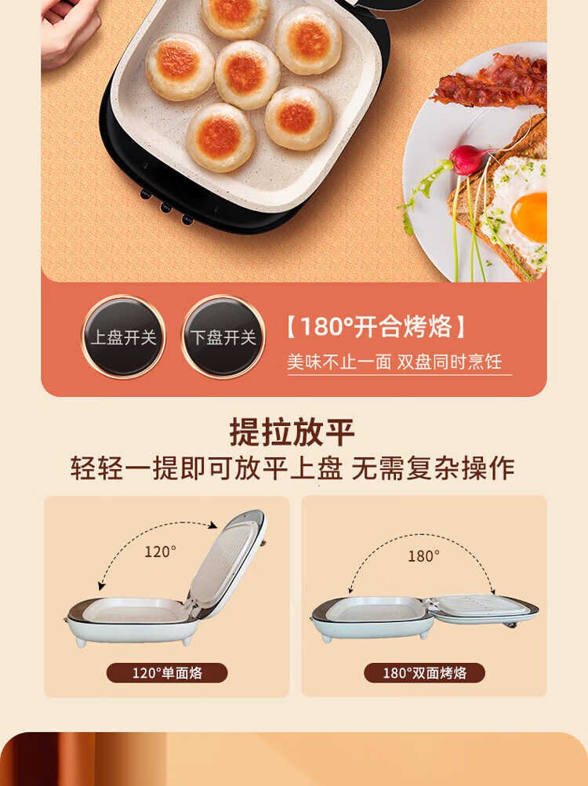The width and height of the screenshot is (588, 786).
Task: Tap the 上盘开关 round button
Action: click(124, 337)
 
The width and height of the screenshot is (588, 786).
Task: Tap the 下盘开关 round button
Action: click(223, 337)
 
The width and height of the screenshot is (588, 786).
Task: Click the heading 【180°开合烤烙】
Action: click(376, 326)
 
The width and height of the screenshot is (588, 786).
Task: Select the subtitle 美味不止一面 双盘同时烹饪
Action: click(394, 362)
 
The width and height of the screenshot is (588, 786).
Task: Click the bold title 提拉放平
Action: click(292, 432)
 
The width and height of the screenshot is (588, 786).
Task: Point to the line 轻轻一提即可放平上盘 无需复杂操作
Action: click(292, 468)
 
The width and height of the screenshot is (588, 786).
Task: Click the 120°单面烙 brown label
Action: click(167, 673)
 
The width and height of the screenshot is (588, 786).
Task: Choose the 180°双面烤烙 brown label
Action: click(424, 673)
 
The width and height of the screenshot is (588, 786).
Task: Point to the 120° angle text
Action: click(160, 552)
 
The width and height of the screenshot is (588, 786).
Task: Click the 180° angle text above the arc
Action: click(423, 556)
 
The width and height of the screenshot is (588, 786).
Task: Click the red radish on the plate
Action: click(466, 160)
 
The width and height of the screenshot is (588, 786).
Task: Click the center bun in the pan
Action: click(248, 75)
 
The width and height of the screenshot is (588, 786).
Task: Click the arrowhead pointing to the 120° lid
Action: click(213, 525)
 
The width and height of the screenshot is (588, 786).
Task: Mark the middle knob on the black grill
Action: click(165, 206)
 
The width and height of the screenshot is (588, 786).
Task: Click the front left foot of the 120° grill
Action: click(80, 642)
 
